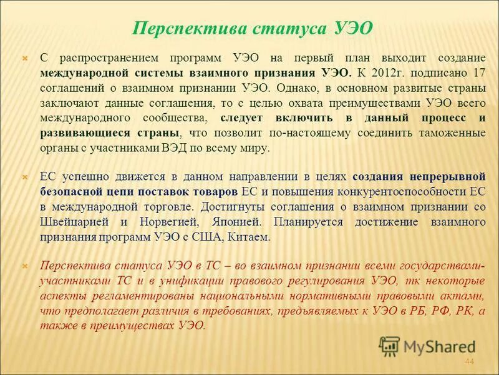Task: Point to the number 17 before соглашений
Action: point(480,72)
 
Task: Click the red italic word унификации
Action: point(199,280)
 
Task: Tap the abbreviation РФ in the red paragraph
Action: point(432,311)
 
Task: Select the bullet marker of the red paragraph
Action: point(26,265)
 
